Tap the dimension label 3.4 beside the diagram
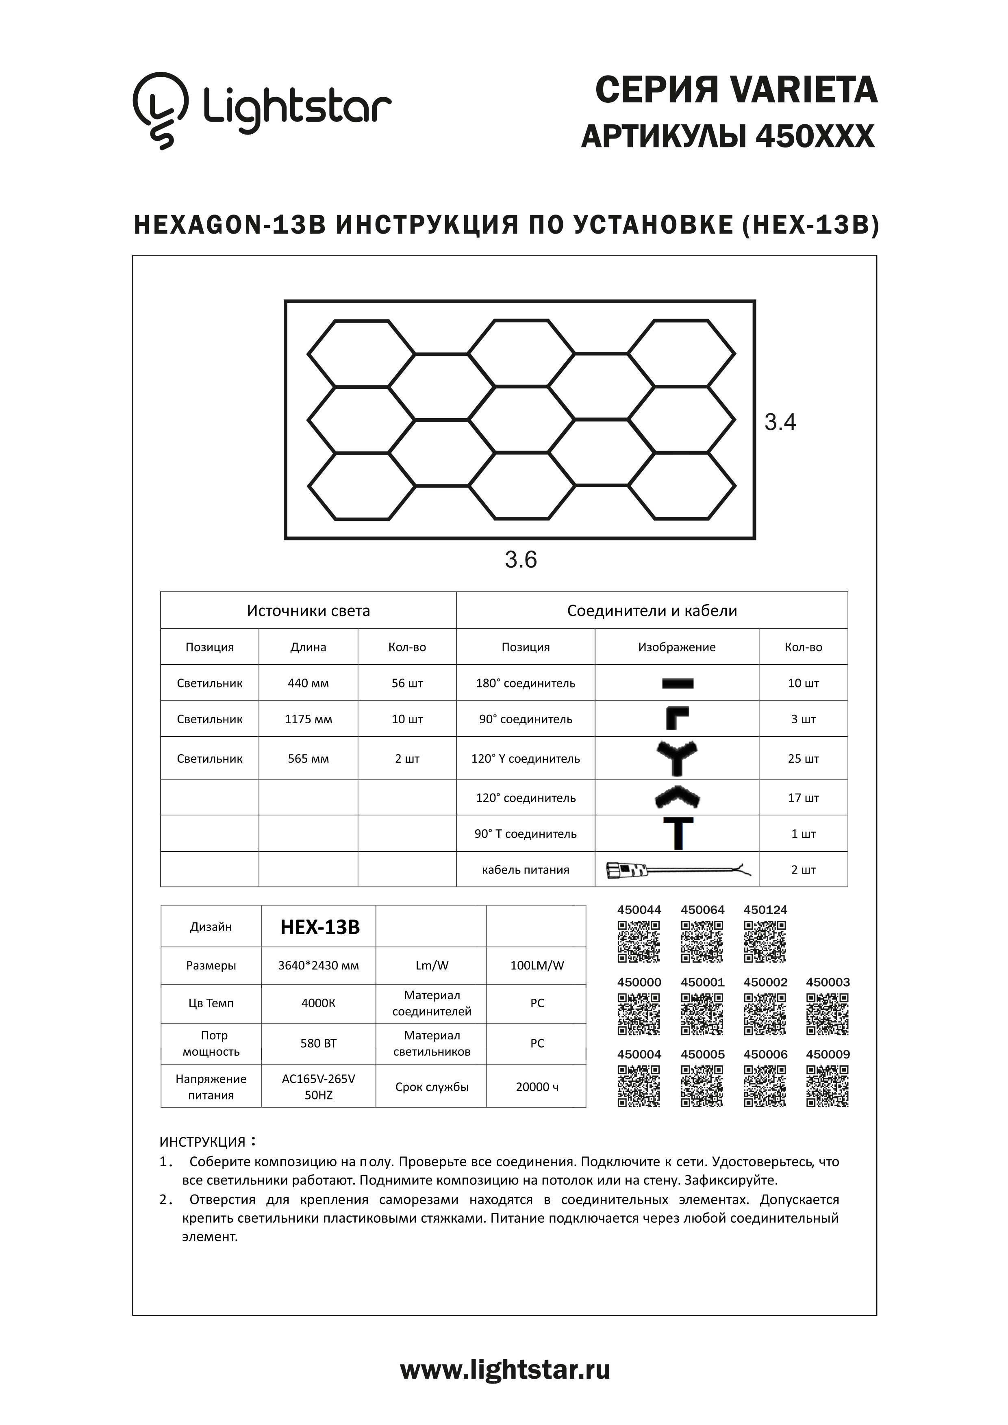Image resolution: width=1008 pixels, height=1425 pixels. click(780, 422)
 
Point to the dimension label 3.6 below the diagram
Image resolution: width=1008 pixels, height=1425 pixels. click(520, 560)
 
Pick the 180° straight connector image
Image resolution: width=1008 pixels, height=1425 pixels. click(677, 683)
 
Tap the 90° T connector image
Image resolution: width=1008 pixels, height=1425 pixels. click(678, 833)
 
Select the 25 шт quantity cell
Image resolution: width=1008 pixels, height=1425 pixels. click(803, 759)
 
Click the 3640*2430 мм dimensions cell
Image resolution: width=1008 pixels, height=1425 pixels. click(318, 965)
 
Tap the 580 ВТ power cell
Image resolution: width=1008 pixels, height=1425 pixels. click(318, 1043)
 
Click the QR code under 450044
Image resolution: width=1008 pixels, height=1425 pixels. click(639, 941)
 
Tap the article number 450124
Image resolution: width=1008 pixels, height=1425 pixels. click(765, 910)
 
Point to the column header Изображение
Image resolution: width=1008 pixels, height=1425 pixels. click(677, 647)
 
